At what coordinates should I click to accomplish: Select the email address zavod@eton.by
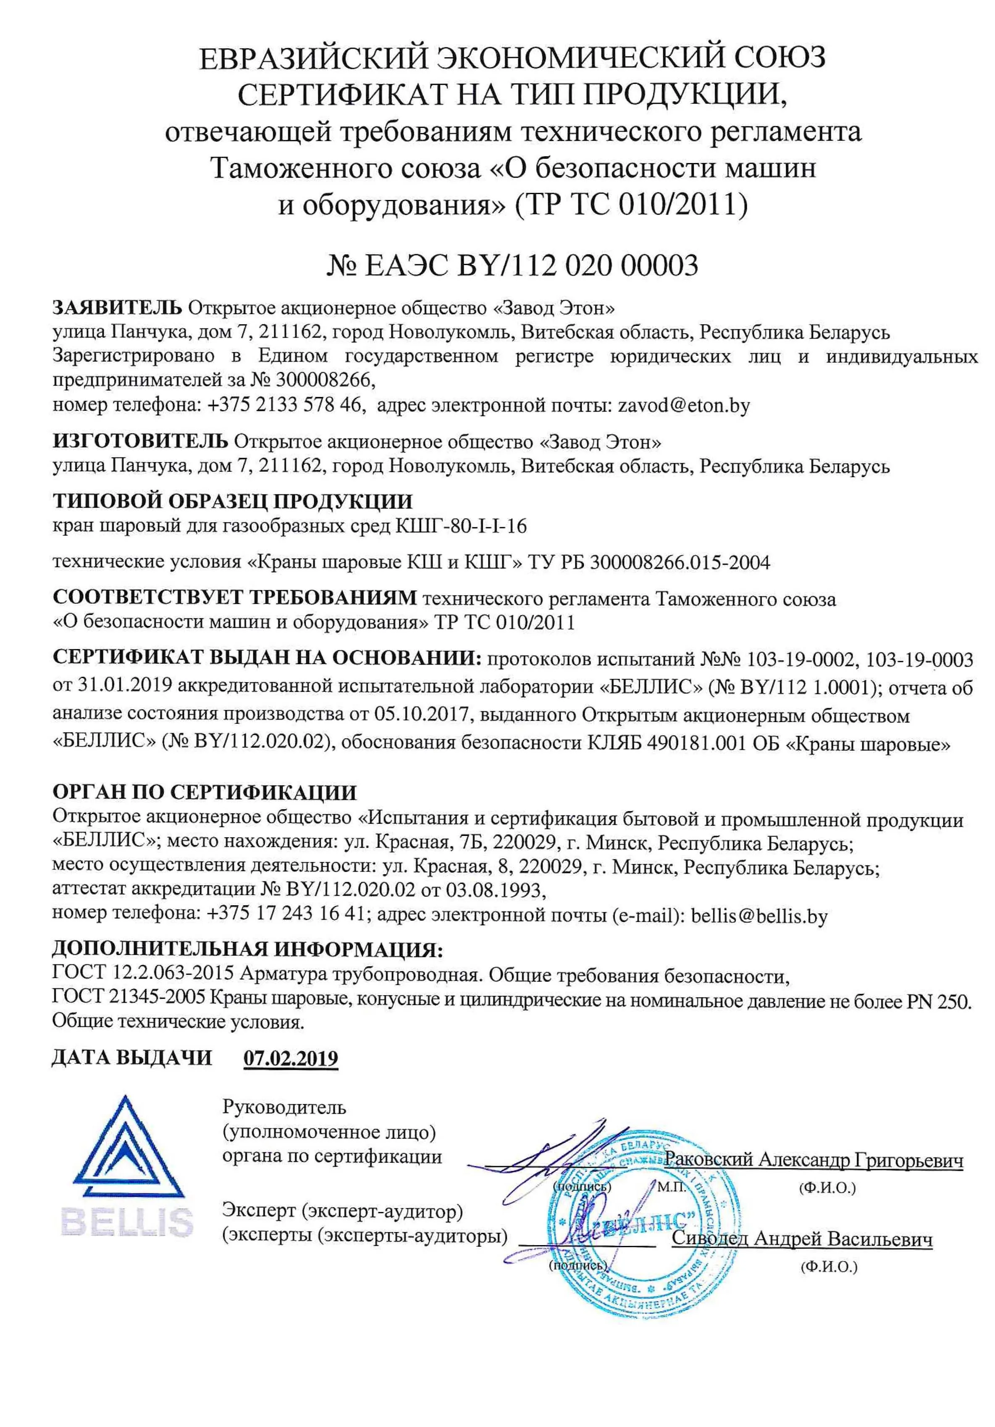coord(684,406)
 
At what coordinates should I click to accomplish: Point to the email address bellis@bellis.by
coord(759,915)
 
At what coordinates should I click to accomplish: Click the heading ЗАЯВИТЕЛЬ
coord(118,307)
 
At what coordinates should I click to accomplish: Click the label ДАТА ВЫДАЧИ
coord(132,1058)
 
